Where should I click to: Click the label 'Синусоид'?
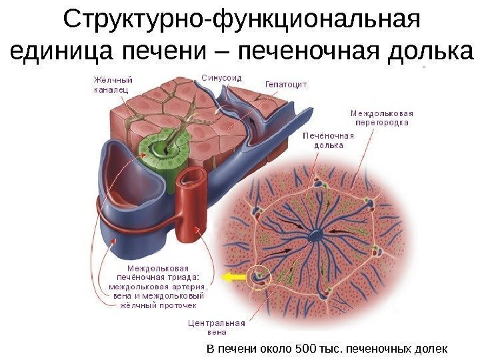pos(221,78)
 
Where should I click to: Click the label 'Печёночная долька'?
pos(329,139)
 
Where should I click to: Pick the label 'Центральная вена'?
pos(217,327)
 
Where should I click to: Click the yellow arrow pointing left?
pos(233,275)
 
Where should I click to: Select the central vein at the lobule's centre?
pos(314,234)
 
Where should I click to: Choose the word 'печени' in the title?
pos(133,49)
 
